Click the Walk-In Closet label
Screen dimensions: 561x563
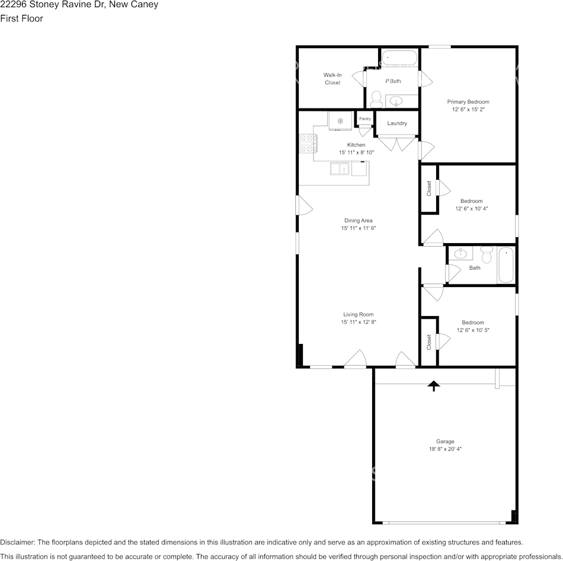(x=332, y=79)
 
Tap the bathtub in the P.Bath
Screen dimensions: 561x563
(x=399, y=58)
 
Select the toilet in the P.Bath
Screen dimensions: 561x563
(x=376, y=98)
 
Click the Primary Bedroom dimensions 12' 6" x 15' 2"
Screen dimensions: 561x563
(x=468, y=110)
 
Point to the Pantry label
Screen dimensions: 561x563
(x=365, y=119)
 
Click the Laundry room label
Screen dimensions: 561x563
(x=397, y=123)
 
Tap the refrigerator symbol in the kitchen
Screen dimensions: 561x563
(x=341, y=121)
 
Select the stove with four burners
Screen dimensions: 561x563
(x=307, y=144)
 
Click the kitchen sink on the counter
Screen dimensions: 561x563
(x=340, y=170)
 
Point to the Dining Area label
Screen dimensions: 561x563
(x=359, y=221)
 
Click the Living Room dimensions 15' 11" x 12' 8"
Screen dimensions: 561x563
(x=359, y=322)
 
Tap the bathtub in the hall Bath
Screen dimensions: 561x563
(x=506, y=265)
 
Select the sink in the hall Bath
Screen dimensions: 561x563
(x=460, y=254)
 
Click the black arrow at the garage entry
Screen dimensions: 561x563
(x=434, y=386)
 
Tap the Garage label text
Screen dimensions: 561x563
(x=445, y=441)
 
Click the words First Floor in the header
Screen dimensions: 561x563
(x=21, y=18)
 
